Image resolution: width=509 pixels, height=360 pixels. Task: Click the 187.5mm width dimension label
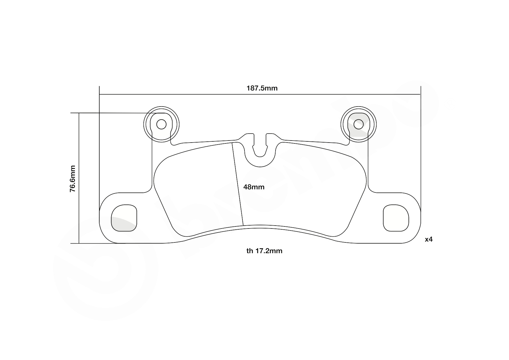coord(262,88)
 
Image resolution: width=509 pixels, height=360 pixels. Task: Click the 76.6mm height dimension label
coord(73,179)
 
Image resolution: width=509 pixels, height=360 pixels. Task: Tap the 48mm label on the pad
coord(254,187)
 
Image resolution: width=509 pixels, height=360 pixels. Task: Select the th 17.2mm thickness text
coord(264,251)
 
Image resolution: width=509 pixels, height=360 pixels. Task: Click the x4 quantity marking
coord(429,240)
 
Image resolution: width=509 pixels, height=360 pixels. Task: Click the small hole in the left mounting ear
coord(161,125)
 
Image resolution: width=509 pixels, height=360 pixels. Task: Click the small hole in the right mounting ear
coord(358,124)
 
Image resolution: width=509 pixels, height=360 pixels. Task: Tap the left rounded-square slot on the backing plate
coord(124,218)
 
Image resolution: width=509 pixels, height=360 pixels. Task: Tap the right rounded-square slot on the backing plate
coord(396,218)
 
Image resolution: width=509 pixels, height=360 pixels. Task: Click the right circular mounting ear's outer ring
coord(376,124)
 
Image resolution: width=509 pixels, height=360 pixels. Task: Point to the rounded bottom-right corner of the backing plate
coord(416,235)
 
